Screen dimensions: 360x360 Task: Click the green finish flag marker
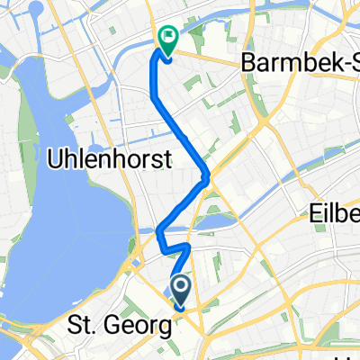click(167, 39)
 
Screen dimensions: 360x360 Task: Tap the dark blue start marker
click(180, 290)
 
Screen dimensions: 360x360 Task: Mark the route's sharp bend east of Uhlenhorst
click(207, 176)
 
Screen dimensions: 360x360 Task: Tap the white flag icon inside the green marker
click(167, 37)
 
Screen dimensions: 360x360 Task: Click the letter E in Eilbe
click(316, 214)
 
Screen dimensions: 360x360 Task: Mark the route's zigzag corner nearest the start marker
click(187, 246)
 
